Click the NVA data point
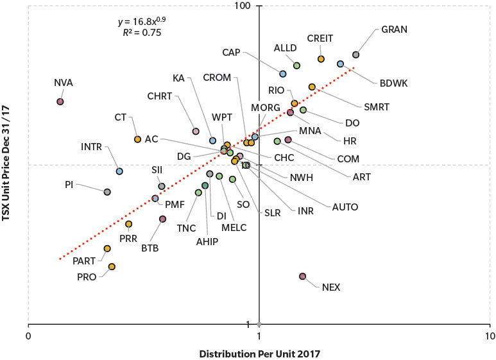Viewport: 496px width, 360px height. [60, 101]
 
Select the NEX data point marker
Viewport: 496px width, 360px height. [303, 276]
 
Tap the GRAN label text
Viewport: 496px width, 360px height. [395, 30]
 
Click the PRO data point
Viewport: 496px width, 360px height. [112, 266]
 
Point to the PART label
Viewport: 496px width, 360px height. [84, 261]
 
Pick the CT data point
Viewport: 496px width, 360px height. [137, 139]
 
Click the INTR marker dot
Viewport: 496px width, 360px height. [119, 171]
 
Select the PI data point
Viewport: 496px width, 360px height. [107, 192]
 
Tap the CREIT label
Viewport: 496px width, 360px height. [320, 39]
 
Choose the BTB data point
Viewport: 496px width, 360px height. [163, 219]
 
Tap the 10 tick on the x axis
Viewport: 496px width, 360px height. [489, 336]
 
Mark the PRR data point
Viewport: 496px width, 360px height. [128, 224]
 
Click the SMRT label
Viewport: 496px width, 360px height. [376, 107]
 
